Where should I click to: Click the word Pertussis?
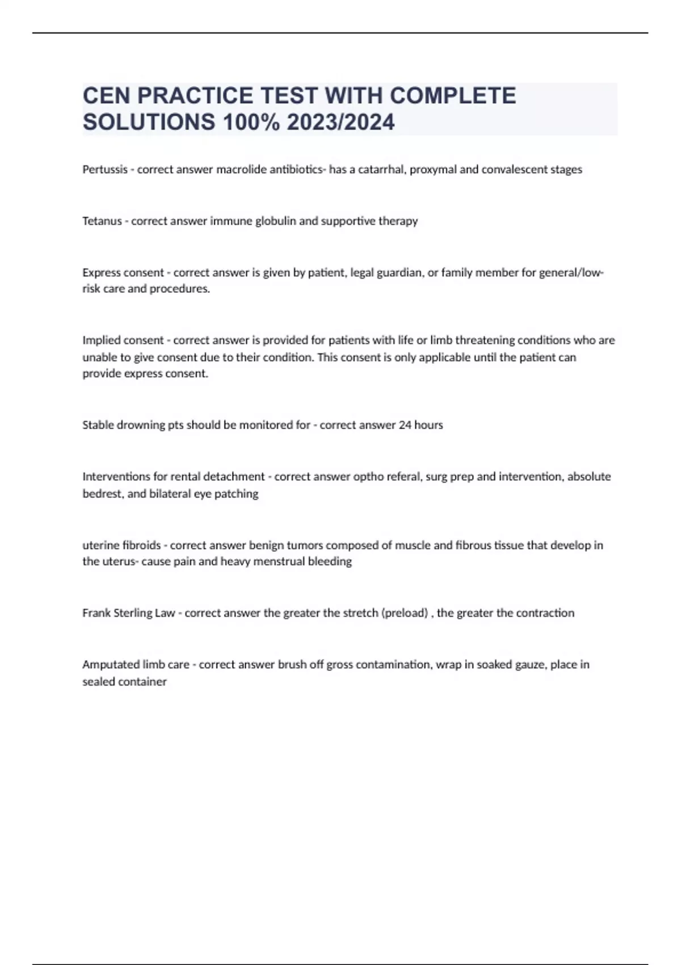click(105, 170)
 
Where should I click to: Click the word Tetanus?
click(102, 221)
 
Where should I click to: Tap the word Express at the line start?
click(103, 272)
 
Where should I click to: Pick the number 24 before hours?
click(405, 425)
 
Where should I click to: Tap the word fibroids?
click(141, 546)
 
